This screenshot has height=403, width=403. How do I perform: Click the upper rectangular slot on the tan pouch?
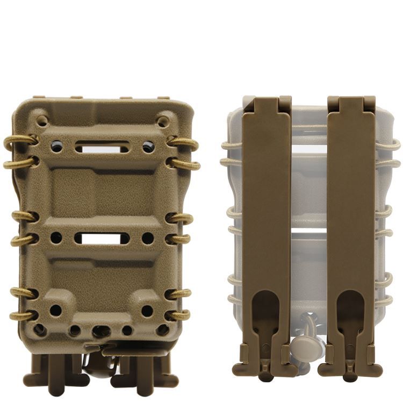[x=102, y=146]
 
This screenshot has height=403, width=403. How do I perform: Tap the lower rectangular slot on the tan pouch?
[x=102, y=238]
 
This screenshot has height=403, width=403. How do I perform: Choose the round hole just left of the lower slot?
[x=56, y=238]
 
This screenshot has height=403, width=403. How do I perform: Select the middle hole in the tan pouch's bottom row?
[x=99, y=331]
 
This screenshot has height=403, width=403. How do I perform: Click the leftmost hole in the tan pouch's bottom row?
[x=39, y=329]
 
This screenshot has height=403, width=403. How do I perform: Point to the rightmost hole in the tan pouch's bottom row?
[x=162, y=329]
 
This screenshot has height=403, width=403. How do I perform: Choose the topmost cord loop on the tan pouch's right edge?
[x=184, y=142]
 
